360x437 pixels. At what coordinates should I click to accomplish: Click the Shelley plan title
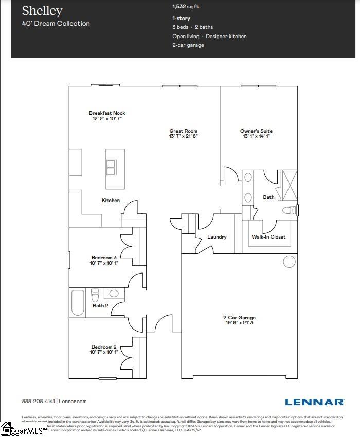pyautogui.click(x=42, y=11)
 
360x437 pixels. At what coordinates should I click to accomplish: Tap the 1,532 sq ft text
pyautogui.click(x=186, y=7)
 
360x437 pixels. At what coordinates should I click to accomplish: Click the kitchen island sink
pyautogui.click(x=111, y=168)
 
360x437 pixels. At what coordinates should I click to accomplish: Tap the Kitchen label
pyautogui.click(x=111, y=201)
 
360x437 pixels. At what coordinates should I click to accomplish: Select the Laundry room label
pyautogui.click(x=217, y=237)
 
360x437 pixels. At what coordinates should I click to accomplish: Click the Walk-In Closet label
pyautogui.click(x=268, y=237)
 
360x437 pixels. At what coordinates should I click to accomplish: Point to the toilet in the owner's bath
pyautogui.click(x=291, y=210)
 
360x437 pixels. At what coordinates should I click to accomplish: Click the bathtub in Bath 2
pyautogui.click(x=78, y=302)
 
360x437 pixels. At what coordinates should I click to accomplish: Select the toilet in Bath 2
pyautogui.click(x=95, y=297)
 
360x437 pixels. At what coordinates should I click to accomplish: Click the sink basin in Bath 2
pyautogui.click(x=114, y=294)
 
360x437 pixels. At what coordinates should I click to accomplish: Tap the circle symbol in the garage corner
pyautogui.click(x=289, y=262)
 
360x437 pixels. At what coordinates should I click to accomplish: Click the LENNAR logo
pyautogui.click(x=315, y=402)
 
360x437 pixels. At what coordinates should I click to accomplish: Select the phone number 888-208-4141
pyautogui.click(x=39, y=402)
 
